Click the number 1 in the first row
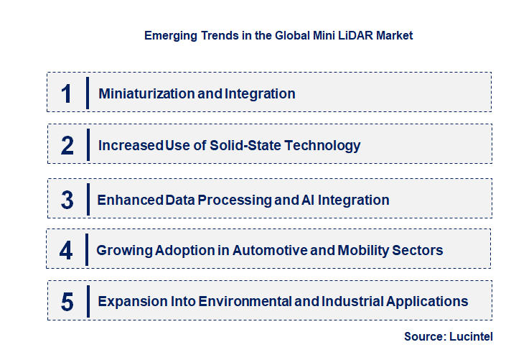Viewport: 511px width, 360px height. (67, 93)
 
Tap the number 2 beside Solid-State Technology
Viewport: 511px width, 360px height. (67, 145)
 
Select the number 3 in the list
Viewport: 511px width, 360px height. (67, 200)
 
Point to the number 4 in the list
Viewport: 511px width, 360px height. (67, 250)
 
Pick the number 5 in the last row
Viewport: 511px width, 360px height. (67, 302)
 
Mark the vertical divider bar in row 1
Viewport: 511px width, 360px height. (87, 93)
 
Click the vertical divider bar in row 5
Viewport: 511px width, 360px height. (87, 300)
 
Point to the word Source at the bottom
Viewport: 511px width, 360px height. (423, 336)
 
